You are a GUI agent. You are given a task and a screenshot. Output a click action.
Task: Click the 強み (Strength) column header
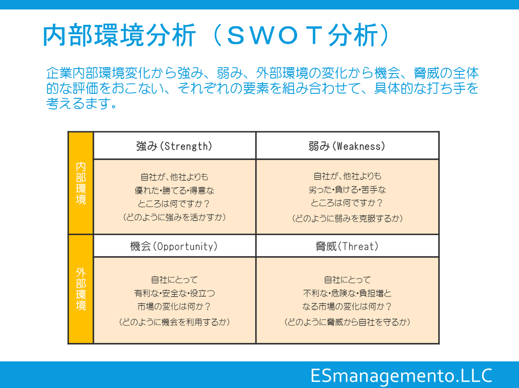pos(174,146)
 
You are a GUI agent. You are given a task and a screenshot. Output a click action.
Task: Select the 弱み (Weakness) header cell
pos(347,146)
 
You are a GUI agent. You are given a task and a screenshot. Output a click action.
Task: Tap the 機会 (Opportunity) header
pos(174,246)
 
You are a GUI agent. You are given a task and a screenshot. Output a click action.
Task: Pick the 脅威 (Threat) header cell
pos(347,246)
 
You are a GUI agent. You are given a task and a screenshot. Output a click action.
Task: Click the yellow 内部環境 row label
pos(81,183)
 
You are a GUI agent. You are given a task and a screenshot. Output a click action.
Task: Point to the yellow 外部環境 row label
pos(81,289)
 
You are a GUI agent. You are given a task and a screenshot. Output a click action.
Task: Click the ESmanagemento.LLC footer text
pos(401,376)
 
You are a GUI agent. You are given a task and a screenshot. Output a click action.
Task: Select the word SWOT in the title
pos(274,35)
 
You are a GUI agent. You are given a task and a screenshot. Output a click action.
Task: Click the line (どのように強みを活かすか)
pos(174,217)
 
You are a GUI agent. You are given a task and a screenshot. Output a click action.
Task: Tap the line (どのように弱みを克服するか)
pos(347,218)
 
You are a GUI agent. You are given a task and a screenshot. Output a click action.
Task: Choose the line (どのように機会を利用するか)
pos(174,322)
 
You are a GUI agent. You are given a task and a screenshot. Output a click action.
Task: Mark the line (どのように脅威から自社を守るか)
pos(347,322)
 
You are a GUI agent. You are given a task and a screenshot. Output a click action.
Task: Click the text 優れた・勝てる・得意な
pos(174,190)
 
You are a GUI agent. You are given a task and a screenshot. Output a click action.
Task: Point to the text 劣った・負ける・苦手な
pos(347,189)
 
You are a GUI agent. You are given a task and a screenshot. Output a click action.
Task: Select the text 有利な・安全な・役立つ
pos(174,293)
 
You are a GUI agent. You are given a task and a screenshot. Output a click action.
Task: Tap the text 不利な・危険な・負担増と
pos(347,293)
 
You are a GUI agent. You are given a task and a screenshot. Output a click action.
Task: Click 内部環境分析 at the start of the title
pos(120,35)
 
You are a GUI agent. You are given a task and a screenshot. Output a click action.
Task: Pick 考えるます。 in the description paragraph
pos(81,103)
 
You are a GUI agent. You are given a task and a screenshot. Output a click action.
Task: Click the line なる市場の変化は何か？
pos(347,307)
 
